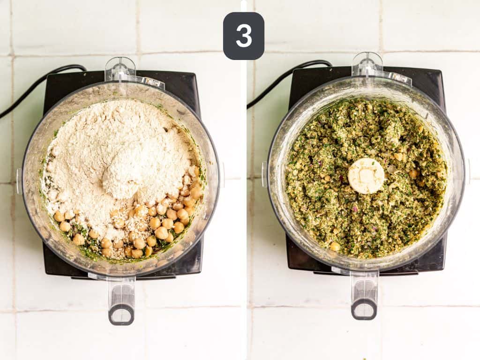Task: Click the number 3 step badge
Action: (243, 36)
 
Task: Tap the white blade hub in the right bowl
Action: (366, 176)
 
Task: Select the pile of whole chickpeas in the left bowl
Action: (155, 225)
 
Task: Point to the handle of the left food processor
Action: (121, 300)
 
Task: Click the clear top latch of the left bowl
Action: (120, 70)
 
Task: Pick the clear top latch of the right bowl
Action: (367, 66)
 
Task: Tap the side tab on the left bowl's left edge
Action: (19, 180)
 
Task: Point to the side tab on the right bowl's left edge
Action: (264, 173)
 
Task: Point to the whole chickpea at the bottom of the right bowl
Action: (335, 246)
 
